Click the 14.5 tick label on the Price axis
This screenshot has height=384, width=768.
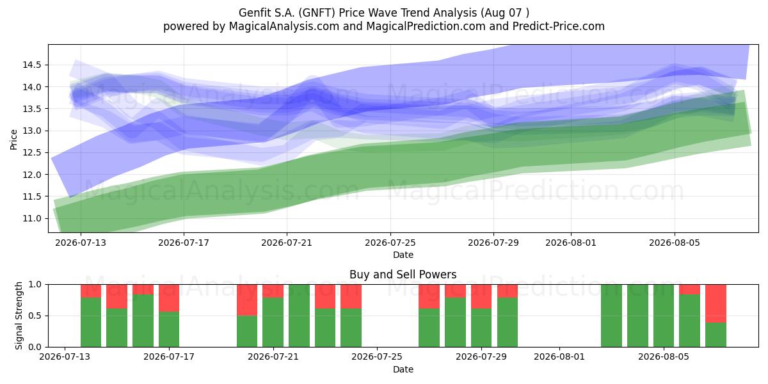click(x=31, y=65)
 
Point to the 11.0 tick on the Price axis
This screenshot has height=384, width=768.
click(x=31, y=218)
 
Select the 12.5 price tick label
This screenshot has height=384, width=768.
click(x=31, y=152)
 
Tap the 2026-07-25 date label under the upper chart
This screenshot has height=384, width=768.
click(x=390, y=243)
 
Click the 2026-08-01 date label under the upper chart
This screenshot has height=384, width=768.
click(x=571, y=243)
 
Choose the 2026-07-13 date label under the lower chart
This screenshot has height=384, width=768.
click(x=65, y=357)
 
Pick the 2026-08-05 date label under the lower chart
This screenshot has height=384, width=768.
click(x=664, y=357)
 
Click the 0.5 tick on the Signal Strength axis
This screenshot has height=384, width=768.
click(x=35, y=316)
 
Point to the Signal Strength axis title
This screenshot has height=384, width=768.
click(x=19, y=316)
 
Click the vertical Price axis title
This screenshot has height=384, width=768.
click(x=13, y=140)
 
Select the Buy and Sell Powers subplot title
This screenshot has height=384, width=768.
click(x=403, y=275)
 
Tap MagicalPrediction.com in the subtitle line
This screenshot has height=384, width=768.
click(x=426, y=26)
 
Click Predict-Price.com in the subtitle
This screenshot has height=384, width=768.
click(x=559, y=26)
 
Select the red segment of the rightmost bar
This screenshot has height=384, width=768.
click(x=716, y=303)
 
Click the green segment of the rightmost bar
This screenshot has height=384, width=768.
click(x=716, y=335)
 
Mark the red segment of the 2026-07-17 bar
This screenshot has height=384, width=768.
click(x=169, y=298)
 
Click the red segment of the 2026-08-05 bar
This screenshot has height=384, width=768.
click(x=689, y=289)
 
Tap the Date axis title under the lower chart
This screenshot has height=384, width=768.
click(x=403, y=370)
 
